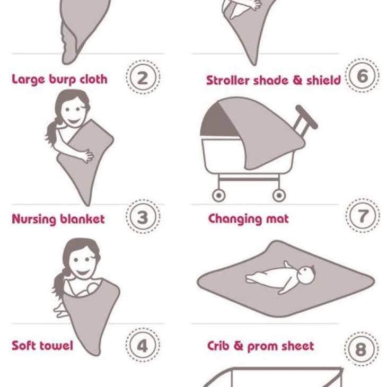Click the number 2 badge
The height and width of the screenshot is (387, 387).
click(x=143, y=77)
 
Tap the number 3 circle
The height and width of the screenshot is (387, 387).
click(x=143, y=216)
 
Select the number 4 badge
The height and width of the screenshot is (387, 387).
click(x=143, y=345)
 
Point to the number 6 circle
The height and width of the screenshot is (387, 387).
click(x=362, y=75)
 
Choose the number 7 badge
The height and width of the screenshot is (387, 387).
click(x=363, y=215)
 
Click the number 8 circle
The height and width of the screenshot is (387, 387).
click(x=362, y=349)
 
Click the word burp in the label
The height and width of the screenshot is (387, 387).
click(x=62, y=80)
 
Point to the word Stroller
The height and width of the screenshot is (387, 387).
click(x=227, y=81)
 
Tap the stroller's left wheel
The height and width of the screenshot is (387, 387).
click(x=218, y=196)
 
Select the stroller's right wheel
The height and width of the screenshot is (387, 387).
click(x=279, y=196)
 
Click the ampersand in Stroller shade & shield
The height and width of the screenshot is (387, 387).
click(x=297, y=81)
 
